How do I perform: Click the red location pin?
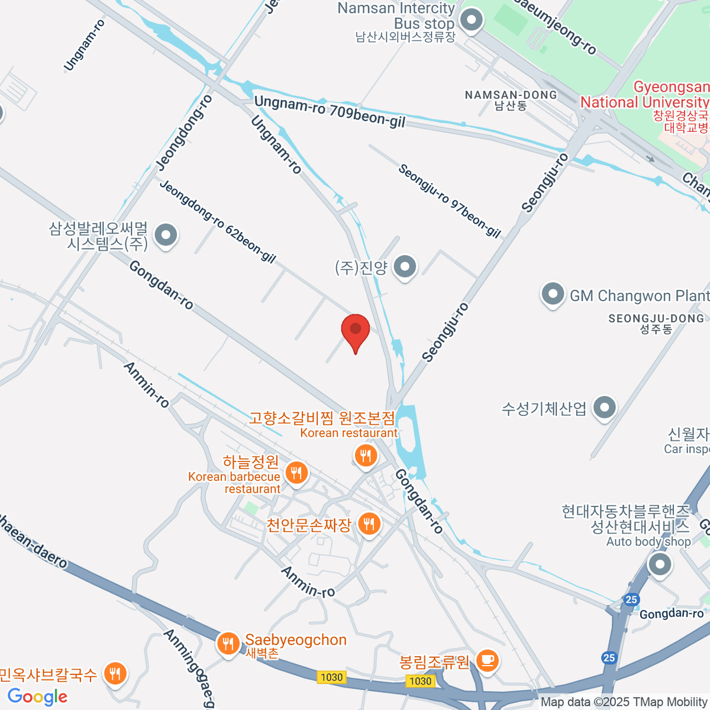point(356,330)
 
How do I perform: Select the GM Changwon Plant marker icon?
point(553,295)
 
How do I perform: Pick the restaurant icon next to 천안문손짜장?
point(369,524)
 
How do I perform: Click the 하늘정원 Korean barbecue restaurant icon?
point(296,473)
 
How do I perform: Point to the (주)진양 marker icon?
point(405,267)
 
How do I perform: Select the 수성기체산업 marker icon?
point(604,407)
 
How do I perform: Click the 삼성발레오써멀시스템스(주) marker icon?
point(166,235)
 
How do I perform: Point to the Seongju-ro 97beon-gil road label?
point(450,201)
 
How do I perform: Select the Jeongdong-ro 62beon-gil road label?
point(218,221)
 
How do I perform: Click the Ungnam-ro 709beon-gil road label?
point(330,112)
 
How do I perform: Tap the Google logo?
point(37,697)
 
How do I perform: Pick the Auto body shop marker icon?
point(660,564)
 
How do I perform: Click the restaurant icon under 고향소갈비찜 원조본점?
point(366,456)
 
